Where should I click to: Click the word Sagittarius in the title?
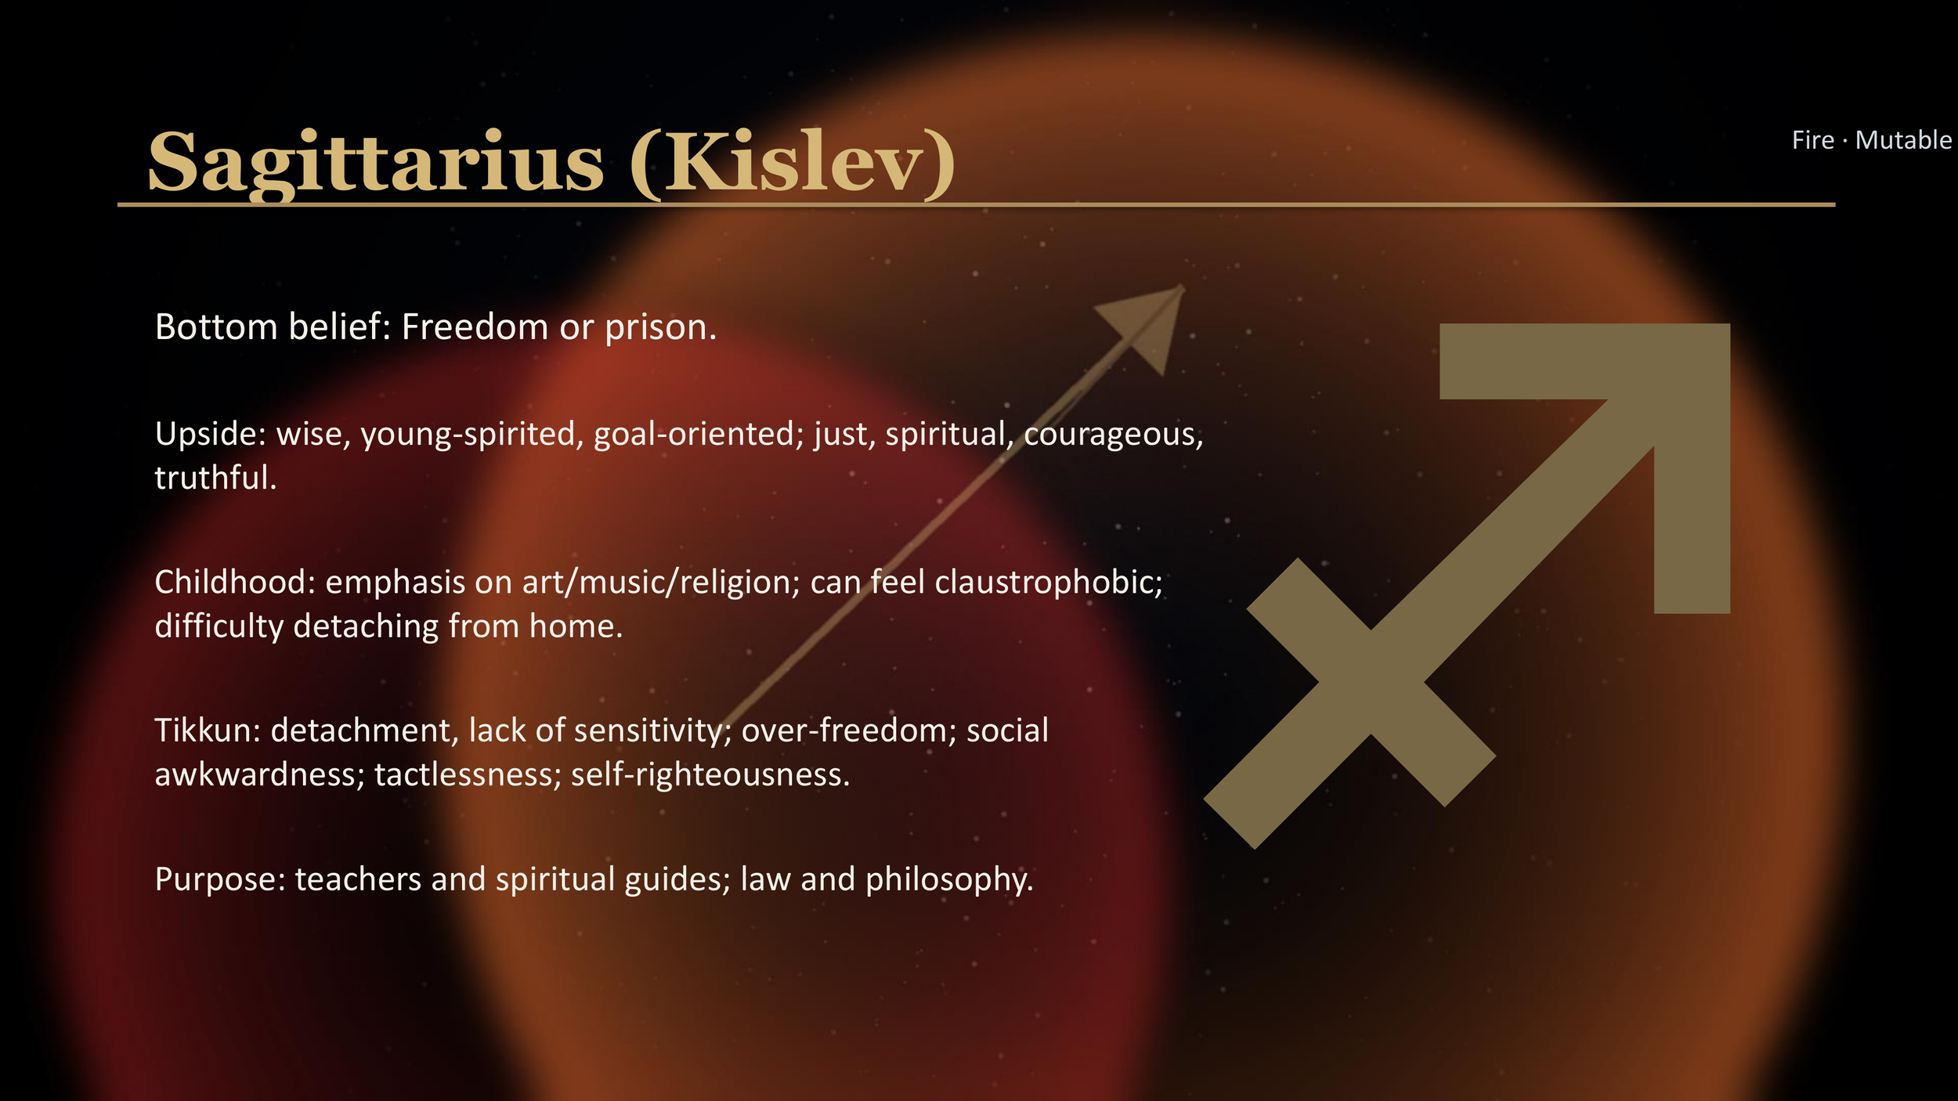[376, 163]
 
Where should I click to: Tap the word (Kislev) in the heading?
[793, 163]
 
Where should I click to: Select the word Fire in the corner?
[1812, 140]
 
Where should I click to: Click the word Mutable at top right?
[1903, 140]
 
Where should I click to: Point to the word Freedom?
[475, 327]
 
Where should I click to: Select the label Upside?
[211, 435]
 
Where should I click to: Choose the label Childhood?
[235, 583]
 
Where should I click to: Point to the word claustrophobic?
[1049, 583]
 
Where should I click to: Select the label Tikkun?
[208, 731]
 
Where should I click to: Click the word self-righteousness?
[710, 774]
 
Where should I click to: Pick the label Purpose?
[220, 879]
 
